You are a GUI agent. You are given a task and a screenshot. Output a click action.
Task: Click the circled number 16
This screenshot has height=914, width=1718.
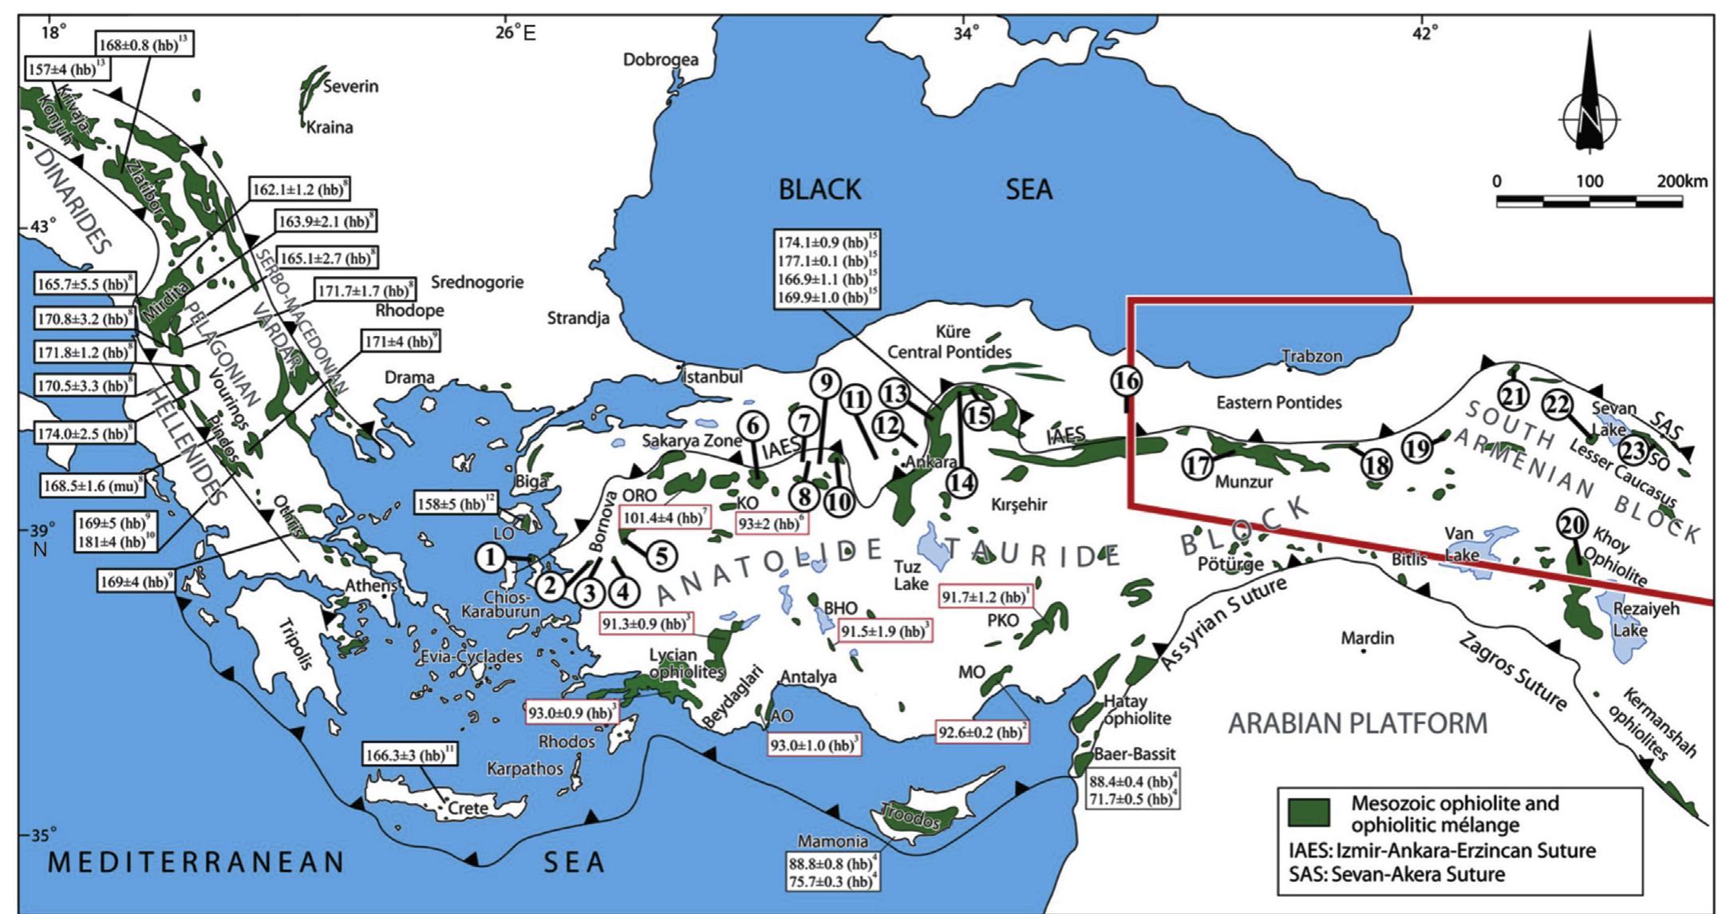pyautogui.click(x=1126, y=381)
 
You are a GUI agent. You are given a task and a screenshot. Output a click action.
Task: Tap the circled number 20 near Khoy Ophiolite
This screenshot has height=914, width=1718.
pyautogui.click(x=1571, y=524)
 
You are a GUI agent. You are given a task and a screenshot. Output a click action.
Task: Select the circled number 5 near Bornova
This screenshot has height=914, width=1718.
pyautogui.click(x=661, y=556)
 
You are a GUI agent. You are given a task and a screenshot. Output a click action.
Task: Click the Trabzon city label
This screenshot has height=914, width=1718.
pyautogui.click(x=1312, y=356)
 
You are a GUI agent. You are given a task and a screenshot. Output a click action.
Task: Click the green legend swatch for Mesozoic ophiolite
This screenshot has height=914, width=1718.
pyautogui.click(x=1309, y=812)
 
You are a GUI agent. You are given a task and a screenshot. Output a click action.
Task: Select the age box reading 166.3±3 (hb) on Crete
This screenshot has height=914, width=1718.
pyautogui.click(x=410, y=754)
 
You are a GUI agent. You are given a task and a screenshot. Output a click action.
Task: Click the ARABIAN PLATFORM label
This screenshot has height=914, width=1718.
pyautogui.click(x=1357, y=723)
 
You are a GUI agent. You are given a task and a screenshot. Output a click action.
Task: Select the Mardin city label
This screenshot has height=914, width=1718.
pyautogui.click(x=1367, y=638)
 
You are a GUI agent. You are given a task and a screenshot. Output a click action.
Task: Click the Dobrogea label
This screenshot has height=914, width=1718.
pyautogui.click(x=660, y=59)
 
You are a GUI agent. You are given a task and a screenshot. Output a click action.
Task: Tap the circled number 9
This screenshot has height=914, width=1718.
pyautogui.click(x=825, y=382)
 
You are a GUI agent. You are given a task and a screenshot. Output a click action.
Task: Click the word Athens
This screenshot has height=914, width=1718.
pyautogui.click(x=371, y=586)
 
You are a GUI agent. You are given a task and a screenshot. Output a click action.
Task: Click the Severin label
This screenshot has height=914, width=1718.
pyautogui.click(x=350, y=86)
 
